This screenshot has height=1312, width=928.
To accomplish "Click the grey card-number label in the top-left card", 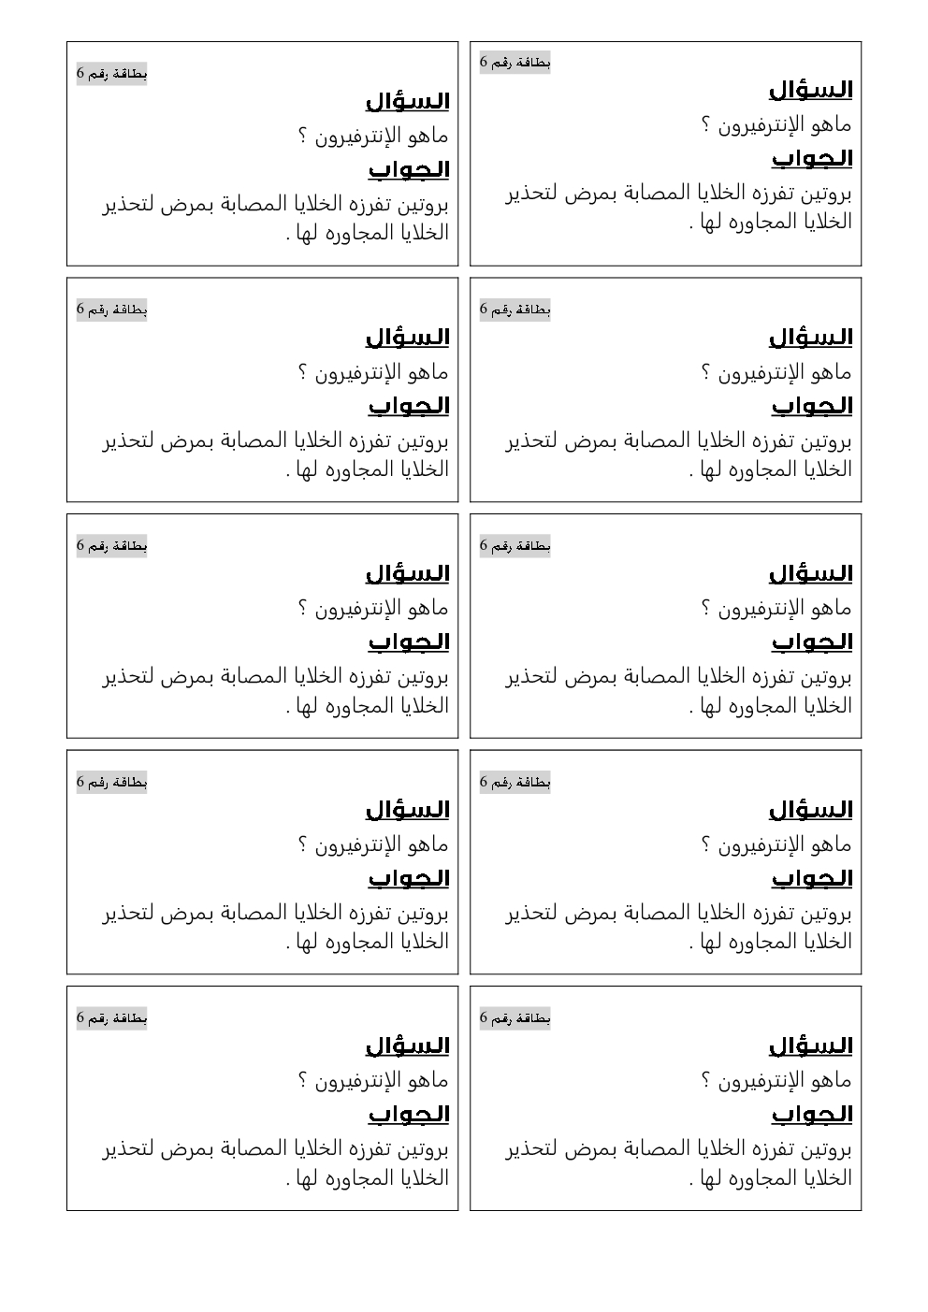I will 111,74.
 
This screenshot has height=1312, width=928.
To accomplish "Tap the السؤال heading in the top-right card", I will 810,90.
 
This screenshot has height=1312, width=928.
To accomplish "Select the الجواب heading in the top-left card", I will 408,169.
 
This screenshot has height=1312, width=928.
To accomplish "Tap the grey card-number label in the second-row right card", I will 515,310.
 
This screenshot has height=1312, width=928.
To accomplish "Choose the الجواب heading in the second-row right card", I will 811,406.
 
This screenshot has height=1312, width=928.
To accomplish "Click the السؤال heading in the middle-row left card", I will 407,573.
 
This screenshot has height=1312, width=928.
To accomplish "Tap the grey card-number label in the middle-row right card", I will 515,545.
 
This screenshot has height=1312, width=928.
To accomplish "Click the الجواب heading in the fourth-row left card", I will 408,878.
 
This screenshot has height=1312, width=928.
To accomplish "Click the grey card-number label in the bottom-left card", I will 111,1017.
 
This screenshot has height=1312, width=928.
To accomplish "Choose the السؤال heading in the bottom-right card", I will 810,1045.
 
